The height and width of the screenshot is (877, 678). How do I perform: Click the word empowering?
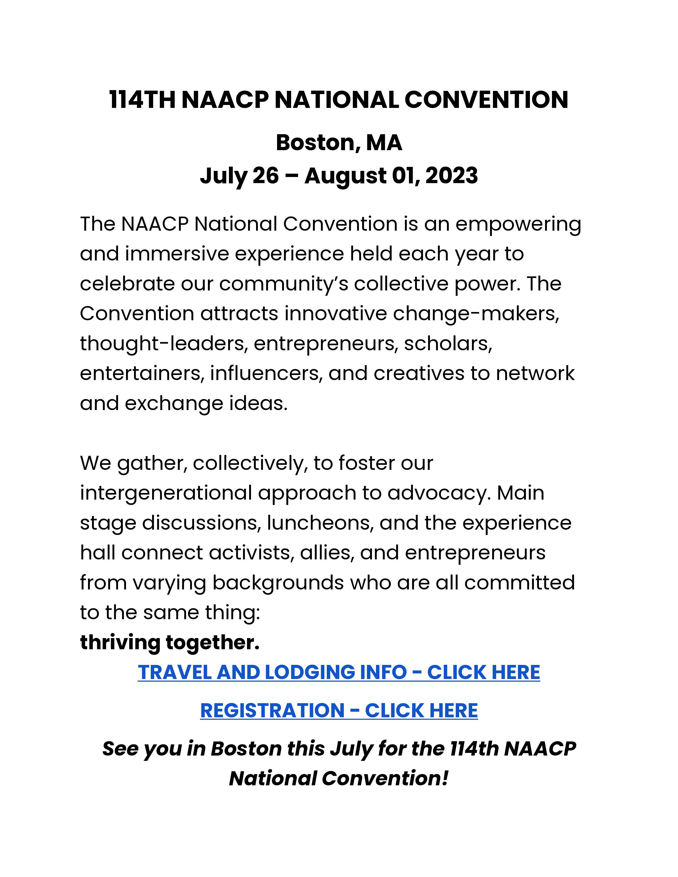[x=518, y=225]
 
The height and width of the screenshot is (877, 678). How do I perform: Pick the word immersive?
[x=177, y=254]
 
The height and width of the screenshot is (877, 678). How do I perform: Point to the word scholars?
[x=448, y=344]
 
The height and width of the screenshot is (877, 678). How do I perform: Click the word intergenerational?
[x=165, y=493]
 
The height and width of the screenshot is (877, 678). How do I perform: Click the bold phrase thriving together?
[x=170, y=643]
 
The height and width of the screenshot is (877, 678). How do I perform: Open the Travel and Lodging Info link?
[x=338, y=673]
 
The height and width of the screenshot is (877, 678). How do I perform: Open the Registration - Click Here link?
[x=338, y=710]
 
